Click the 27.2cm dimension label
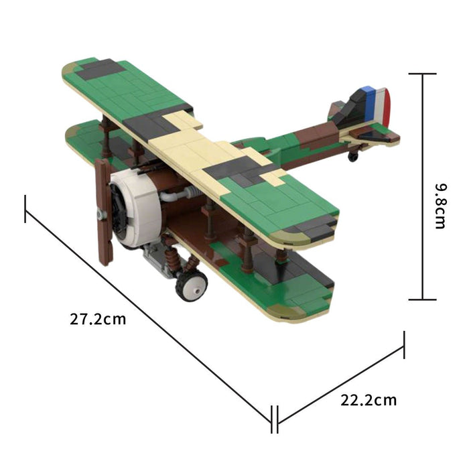(x=98, y=319)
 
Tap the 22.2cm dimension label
(x=368, y=400)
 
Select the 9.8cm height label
(x=440, y=206)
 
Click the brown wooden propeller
(x=104, y=212)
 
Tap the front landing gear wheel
(x=192, y=285)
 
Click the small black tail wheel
(x=353, y=156)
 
